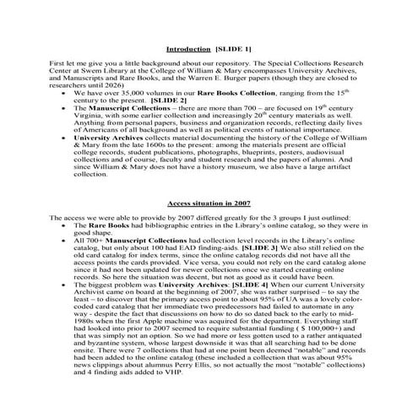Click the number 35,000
click(x=119, y=92)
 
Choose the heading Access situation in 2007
click(x=209, y=205)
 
